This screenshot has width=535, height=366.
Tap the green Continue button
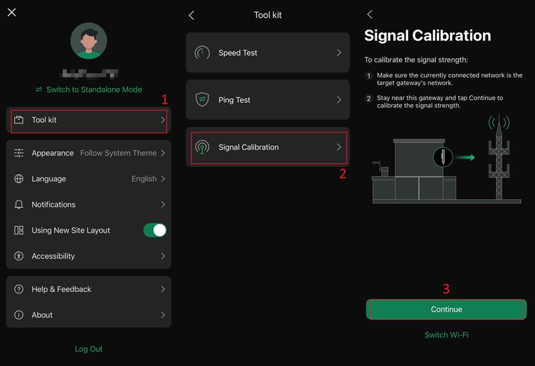click(446, 309)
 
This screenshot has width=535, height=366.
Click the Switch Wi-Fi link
click(446, 335)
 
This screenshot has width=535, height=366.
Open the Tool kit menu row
click(89, 120)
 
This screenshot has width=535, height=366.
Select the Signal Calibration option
click(268, 147)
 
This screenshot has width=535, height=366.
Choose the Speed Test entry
click(268, 53)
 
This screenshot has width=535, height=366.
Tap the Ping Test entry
click(268, 100)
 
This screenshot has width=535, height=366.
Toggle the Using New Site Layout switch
click(155, 230)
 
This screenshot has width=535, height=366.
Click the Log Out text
click(89, 349)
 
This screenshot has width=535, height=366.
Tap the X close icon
click(12, 12)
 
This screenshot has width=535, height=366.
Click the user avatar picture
click(89, 41)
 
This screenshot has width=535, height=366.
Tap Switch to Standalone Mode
click(89, 89)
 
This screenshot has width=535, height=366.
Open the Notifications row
click(89, 205)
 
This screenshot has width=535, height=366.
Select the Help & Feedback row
click(89, 289)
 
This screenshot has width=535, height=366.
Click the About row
click(89, 315)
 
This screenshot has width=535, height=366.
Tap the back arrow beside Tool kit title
click(191, 15)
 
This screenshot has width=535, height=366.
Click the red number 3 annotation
click(446, 289)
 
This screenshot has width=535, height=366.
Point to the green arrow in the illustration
click(465, 156)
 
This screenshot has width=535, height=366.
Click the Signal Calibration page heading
click(427, 36)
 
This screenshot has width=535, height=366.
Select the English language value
click(144, 179)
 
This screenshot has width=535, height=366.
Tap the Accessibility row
click(89, 256)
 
